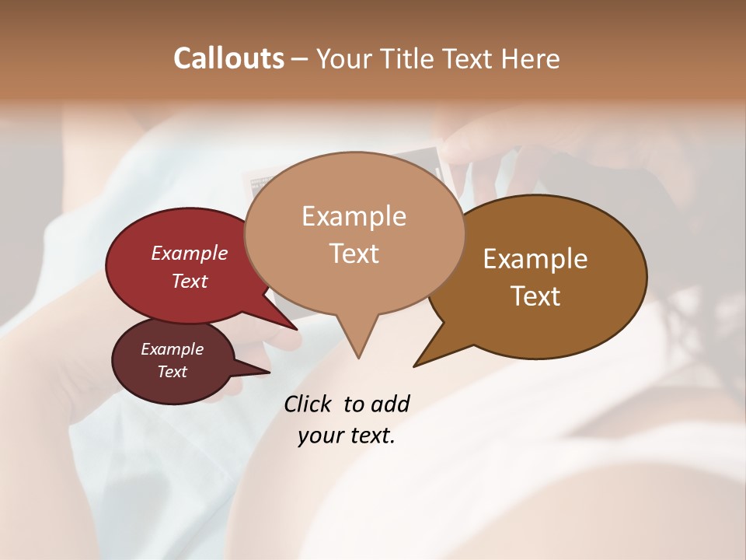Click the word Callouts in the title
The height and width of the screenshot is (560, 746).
coord(228,58)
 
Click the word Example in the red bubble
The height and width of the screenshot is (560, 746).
coord(190,254)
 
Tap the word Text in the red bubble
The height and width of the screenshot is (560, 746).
coord(190,281)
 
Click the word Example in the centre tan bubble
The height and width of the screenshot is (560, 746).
coord(354,215)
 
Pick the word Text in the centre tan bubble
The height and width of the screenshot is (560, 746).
coord(354,254)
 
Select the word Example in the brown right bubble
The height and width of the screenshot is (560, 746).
coord(535,259)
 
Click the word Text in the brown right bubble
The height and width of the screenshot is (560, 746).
coord(535,296)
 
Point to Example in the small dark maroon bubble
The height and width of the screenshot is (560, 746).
coord(172,349)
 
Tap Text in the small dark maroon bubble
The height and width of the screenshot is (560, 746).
coord(172,372)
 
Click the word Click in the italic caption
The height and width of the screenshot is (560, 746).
coord(309,404)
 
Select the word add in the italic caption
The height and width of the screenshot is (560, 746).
coord(389,404)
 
